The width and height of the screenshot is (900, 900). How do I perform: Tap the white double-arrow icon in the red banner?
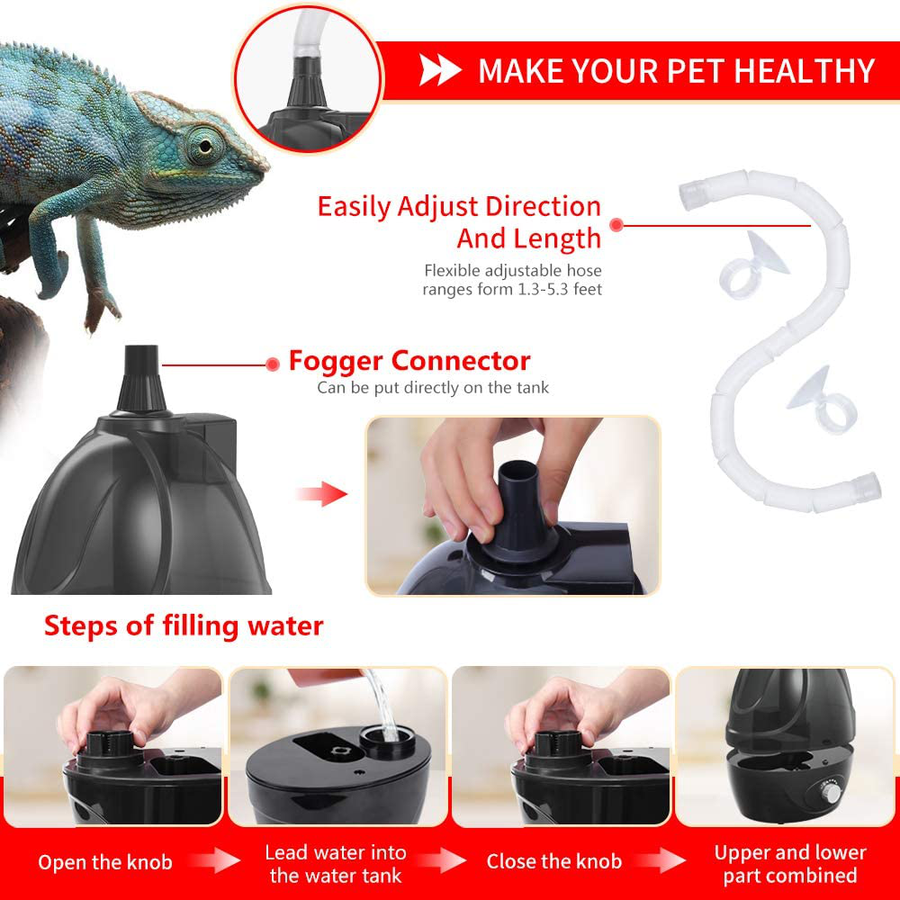coord(440,70)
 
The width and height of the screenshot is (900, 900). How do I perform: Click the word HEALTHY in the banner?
coord(804,70)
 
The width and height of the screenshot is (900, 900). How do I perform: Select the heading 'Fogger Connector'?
coord(409,361)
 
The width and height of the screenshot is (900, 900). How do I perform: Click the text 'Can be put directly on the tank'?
coord(434,388)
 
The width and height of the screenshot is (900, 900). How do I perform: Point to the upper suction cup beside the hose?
coord(753,265)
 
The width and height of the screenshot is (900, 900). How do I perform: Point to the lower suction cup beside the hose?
coord(822,400)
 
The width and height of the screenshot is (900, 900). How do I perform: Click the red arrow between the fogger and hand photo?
coord(322,493)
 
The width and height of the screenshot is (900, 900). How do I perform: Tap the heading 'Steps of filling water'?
coord(184,626)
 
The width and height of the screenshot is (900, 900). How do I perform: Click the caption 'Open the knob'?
coord(105,862)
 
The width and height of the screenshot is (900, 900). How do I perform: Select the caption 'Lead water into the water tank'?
coord(336,864)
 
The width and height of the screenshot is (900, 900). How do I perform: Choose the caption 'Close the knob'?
coord(553,861)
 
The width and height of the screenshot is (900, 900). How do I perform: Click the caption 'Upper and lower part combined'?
coord(790,864)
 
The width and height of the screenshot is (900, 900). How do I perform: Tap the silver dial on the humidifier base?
coord(829,793)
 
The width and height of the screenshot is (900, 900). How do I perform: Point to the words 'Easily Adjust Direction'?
coord(459,207)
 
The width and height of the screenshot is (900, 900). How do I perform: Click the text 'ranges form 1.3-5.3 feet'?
coord(512,289)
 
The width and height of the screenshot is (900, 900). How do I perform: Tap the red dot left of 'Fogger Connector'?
coord(274,364)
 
